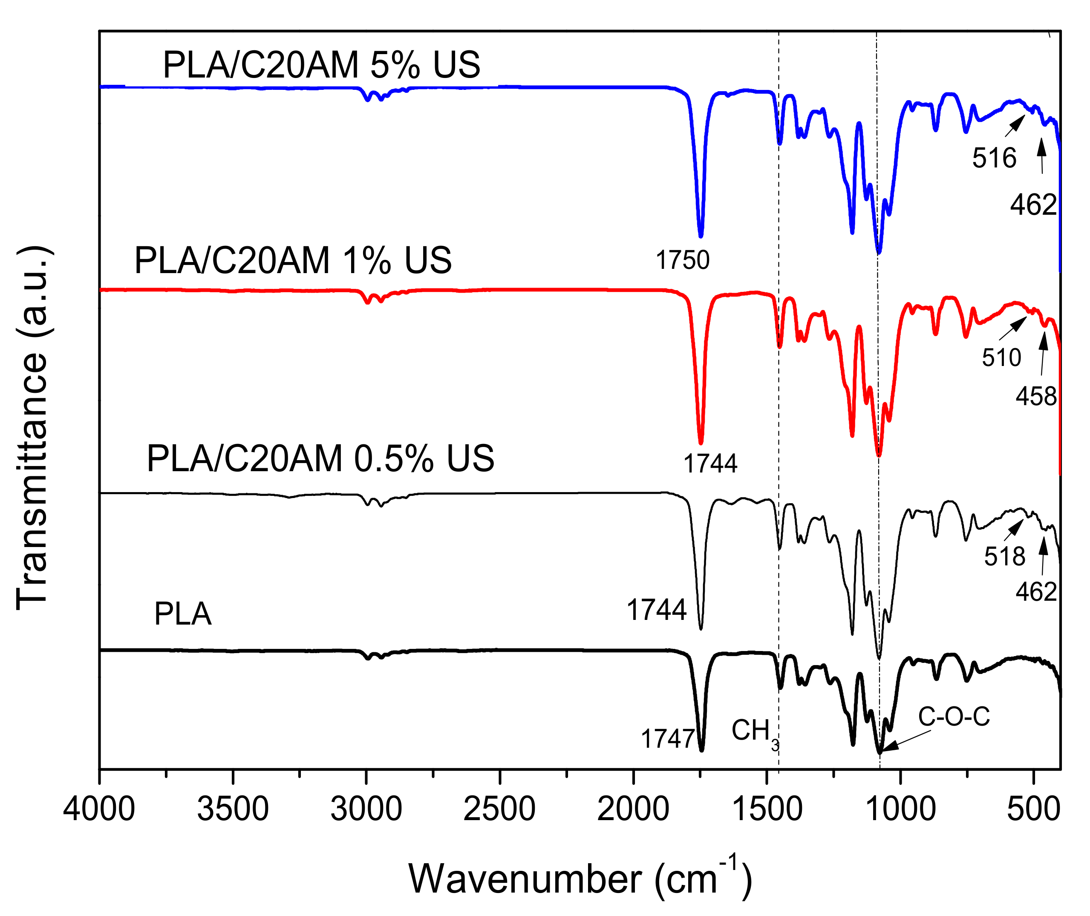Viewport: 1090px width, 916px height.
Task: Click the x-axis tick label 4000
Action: pos(99,809)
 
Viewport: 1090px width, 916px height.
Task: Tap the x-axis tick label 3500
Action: pos(233,809)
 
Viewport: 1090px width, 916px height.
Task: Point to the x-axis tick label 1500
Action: pos(767,809)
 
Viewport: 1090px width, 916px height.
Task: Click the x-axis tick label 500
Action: pos(1033,809)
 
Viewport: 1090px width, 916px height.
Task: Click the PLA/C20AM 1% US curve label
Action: pos(293,260)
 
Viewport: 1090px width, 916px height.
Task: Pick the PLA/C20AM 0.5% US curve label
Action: pos(320,458)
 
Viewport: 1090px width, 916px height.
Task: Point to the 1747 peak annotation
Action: pos(668,739)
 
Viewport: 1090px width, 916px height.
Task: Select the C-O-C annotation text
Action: pos(954,717)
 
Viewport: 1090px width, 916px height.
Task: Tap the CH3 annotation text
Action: pos(755,732)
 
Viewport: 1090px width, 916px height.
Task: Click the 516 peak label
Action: pos(994,158)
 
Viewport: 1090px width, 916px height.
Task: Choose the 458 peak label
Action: pos(1036,397)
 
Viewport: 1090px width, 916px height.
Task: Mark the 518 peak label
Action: pos(1004,557)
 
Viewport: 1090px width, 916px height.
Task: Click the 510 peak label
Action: pos(1001,358)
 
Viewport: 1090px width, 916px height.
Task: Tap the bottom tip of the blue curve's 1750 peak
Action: pos(701,236)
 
